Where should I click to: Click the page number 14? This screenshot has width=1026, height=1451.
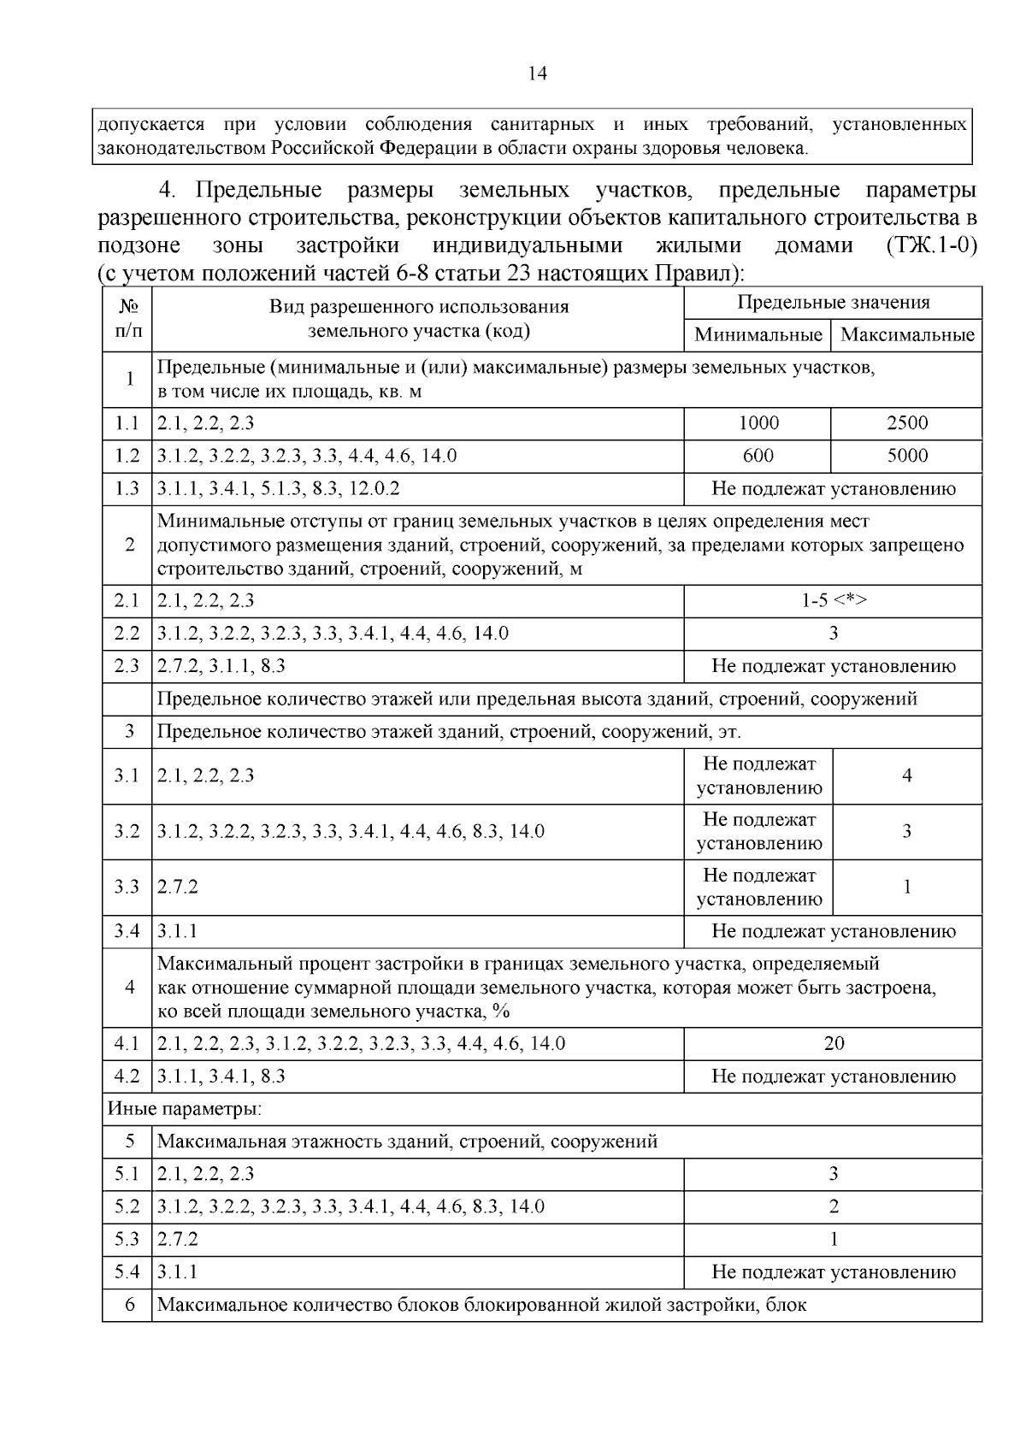point(537,74)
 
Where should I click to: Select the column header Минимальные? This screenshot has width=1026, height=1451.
point(758,334)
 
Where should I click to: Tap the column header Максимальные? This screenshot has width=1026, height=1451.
point(907,334)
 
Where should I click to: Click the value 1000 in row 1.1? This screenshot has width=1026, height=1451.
point(758,423)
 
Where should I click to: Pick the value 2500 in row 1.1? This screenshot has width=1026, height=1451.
point(907,423)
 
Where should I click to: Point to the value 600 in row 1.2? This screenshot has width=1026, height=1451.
point(758,456)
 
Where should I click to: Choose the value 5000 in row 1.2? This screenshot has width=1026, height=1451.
point(907,456)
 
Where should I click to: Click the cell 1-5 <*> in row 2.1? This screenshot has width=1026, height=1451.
point(834,601)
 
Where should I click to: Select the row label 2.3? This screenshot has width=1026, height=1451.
point(127,666)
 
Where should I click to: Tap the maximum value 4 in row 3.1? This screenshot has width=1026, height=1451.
point(907,776)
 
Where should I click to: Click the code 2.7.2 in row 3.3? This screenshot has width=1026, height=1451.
point(178,887)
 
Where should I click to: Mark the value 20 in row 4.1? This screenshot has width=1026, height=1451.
point(834,1043)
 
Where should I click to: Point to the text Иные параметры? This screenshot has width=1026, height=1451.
point(184,1110)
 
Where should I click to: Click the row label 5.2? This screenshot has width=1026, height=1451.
point(127,1206)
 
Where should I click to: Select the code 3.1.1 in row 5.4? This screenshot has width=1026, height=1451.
point(178,1272)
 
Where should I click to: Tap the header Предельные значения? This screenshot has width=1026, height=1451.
point(834,303)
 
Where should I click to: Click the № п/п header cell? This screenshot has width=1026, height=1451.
point(127,318)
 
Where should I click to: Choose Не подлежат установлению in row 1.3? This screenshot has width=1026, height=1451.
point(834,489)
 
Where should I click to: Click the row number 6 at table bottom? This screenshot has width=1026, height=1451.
point(129,1305)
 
